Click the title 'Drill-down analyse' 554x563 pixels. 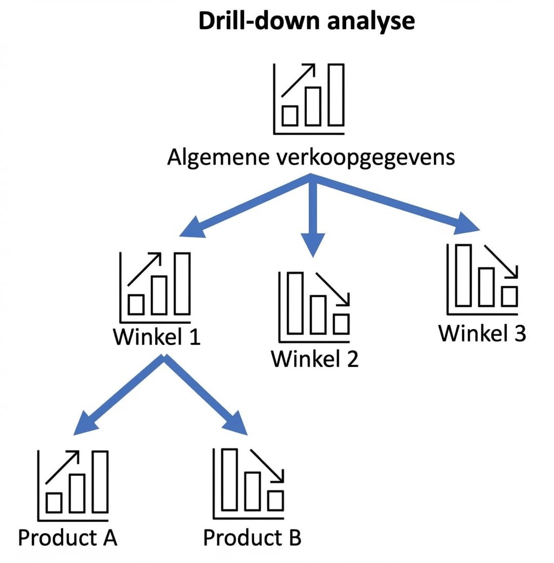click(x=306, y=21)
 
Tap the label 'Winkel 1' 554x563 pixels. click(x=156, y=337)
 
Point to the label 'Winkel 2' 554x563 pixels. click(x=314, y=358)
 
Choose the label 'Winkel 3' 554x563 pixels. click(x=482, y=333)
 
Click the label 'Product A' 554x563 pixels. click(x=68, y=538)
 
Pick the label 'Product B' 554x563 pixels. click(x=252, y=538)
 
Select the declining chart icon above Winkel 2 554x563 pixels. click(x=314, y=306)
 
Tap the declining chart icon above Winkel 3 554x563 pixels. click(x=482, y=278)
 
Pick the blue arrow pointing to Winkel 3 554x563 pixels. click(x=395, y=206)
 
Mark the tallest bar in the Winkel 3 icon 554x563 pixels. click(x=464, y=275)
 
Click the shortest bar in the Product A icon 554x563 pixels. click(x=54, y=503)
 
